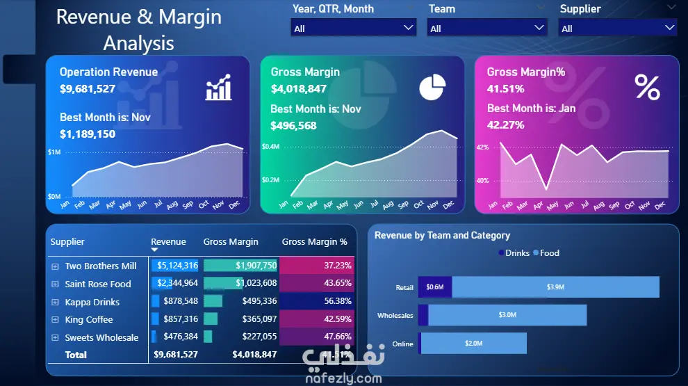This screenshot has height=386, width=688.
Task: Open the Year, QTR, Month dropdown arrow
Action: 408,28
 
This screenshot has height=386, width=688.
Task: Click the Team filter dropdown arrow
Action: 539,28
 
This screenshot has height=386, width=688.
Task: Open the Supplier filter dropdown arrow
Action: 669,28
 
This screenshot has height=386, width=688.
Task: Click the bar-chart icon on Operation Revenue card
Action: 218,89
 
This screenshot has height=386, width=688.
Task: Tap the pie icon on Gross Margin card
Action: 432,88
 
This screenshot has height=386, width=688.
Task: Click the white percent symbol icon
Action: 647,88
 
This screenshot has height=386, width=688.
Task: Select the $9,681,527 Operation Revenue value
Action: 88,88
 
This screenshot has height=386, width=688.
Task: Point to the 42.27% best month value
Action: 506,125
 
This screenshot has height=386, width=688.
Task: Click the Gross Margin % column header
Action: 314,242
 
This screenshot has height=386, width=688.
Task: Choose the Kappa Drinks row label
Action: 92,302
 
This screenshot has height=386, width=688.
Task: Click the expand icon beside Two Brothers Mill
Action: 55,266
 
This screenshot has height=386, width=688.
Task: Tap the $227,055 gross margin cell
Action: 259,337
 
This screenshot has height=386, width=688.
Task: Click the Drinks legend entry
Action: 514,253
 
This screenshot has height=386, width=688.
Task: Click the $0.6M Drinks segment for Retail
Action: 435,287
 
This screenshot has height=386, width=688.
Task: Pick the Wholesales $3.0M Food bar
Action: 507,315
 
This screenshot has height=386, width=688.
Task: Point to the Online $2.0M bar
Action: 473,344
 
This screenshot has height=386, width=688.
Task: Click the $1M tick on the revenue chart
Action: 54,152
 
